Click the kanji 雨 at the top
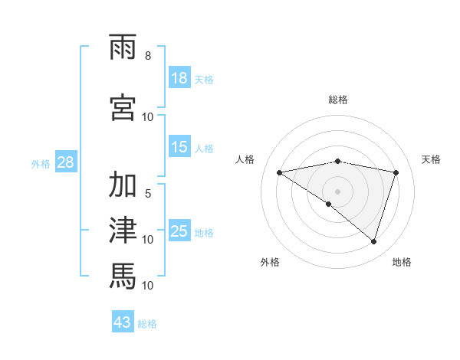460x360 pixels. pos(123,49)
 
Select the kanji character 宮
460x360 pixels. pos(123,106)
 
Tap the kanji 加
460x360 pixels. pos(123,185)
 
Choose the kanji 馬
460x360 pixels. pos(123,273)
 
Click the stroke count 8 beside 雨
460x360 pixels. pos(147,56)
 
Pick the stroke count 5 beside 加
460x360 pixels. pos(147,194)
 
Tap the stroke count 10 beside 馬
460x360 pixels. pos(148,286)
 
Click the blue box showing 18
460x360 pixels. pos(179,78)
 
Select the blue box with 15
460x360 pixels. pos(179,147)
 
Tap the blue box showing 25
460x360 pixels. pos(179,231)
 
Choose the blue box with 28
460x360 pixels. pos(66,162)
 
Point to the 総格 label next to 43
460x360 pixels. pos(147,324)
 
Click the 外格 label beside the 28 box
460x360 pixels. pos(41,163)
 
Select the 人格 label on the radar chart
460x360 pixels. pos(245,159)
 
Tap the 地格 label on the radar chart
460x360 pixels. pos(402,262)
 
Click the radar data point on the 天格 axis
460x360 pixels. pos(396,172)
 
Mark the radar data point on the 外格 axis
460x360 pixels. pos(329,204)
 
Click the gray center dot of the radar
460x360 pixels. pos(337,190)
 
